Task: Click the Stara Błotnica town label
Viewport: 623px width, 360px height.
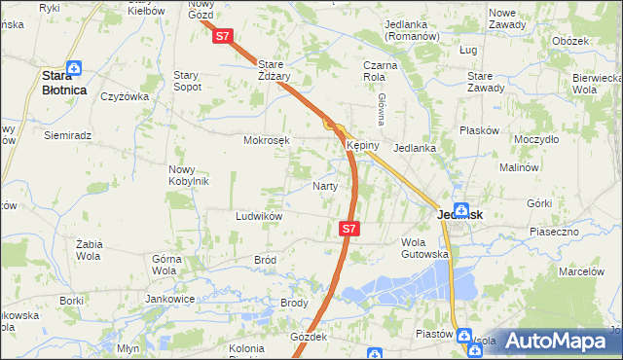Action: pos(63,82)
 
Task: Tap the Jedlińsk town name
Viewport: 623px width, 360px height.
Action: pos(456,215)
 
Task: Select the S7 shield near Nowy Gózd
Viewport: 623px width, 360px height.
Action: pos(223,36)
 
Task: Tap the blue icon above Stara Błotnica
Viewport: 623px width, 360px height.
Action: pos(75,68)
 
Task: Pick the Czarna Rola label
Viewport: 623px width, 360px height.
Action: pos(375,69)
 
